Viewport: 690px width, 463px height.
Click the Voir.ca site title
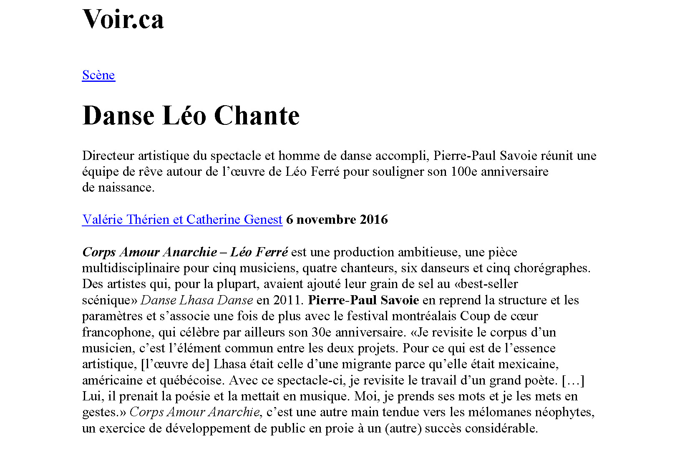coord(123,20)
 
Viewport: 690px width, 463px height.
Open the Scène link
coord(98,75)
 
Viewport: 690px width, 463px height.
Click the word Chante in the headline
coord(257,116)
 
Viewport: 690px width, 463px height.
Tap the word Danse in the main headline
coord(118,116)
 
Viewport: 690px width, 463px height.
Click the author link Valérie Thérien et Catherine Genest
coord(182,220)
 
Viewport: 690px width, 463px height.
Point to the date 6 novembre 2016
coord(337,220)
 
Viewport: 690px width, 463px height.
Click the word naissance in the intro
coord(126,187)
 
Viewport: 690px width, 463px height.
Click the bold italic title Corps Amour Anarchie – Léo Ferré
coord(185,252)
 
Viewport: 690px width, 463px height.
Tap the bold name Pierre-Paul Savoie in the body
coord(363,300)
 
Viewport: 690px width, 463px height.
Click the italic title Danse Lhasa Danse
coord(196,300)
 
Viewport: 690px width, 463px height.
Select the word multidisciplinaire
coord(131,268)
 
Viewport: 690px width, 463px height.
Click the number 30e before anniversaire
coord(322,332)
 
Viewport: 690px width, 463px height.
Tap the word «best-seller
coord(486,284)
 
